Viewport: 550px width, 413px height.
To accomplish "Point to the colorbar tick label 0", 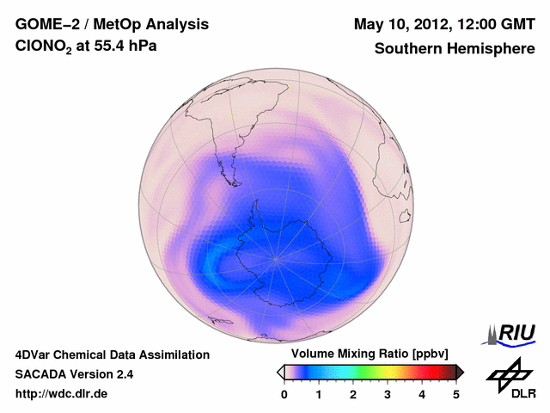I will [284, 394].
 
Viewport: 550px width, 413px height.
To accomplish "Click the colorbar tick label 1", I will [319, 394].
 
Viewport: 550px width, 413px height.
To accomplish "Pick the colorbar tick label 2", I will [353, 394].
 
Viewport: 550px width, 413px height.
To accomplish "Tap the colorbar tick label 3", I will [388, 394].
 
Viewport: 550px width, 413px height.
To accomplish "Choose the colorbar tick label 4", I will [422, 394].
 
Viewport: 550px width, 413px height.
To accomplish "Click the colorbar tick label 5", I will [456, 394].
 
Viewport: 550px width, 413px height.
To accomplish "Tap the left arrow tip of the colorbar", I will [280, 372].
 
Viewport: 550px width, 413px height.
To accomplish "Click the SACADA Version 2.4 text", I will [74, 374].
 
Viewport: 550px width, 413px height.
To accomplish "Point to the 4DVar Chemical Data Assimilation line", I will [112, 354].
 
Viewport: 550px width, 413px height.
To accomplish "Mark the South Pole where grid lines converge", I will [276, 256].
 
